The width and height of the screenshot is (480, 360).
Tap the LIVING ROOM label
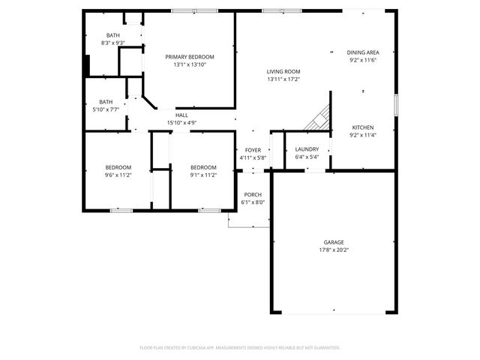(x=283, y=71)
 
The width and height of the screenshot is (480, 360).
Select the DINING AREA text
(x=363, y=52)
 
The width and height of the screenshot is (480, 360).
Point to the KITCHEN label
(x=363, y=127)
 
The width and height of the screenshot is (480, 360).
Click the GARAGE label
(x=334, y=242)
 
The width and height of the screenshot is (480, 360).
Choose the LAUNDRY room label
(x=307, y=149)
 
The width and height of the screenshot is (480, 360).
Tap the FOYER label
(x=253, y=150)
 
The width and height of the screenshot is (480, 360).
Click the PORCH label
(x=253, y=194)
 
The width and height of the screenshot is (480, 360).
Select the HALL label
(x=181, y=115)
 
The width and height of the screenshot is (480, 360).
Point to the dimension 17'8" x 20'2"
(x=334, y=250)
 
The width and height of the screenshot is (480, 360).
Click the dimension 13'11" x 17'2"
(x=283, y=79)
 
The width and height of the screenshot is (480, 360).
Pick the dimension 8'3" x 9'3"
(x=112, y=43)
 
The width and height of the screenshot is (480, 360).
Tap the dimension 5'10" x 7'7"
(x=106, y=109)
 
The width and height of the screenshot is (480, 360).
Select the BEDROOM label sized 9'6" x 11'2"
(x=118, y=167)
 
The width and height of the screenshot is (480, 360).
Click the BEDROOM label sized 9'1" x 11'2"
(x=203, y=167)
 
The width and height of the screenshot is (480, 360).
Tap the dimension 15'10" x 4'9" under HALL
(x=181, y=122)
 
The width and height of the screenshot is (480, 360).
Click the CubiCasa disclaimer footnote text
(x=240, y=348)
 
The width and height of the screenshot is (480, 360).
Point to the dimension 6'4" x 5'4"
(x=307, y=157)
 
